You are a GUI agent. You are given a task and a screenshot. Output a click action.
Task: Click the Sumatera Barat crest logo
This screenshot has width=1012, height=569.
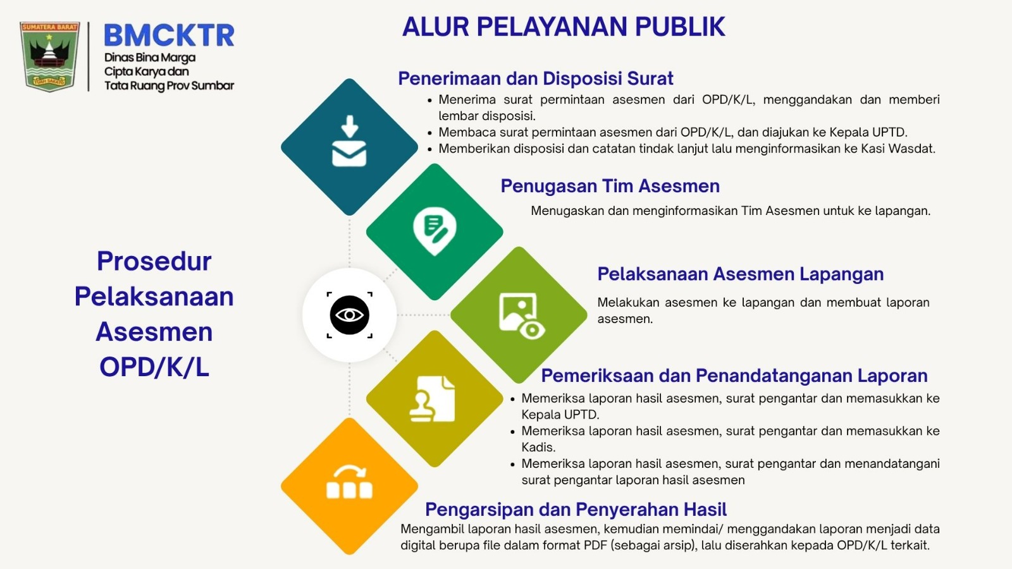coord(50,56)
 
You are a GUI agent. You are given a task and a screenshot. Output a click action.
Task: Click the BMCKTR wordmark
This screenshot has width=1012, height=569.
coord(170,35)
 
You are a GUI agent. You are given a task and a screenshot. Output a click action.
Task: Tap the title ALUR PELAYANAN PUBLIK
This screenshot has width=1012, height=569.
coord(564,27)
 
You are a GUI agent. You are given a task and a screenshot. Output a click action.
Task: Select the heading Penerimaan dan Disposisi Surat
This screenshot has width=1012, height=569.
coord(535,78)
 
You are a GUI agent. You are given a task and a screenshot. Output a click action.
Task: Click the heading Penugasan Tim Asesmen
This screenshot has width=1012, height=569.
coord(610,187)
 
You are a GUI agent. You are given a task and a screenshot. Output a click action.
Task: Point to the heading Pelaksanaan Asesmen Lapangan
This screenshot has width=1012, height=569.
coord(741,274)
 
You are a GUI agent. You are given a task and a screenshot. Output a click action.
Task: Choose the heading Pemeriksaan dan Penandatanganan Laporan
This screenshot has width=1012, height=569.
coord(734,376)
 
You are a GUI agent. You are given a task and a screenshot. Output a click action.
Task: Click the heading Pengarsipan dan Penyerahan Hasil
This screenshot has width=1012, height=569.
coord(576,510)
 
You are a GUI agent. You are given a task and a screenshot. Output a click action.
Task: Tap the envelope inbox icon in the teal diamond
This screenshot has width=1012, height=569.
coord(349,141)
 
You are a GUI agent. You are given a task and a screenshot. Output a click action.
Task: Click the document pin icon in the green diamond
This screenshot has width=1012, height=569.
coord(435,231)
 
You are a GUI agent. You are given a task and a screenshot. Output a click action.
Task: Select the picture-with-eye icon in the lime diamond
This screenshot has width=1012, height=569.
coord(522,316)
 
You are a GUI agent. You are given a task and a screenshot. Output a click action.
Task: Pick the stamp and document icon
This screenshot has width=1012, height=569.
coord(433,399)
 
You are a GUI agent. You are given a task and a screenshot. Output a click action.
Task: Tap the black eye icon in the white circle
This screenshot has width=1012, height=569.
coord(349,315)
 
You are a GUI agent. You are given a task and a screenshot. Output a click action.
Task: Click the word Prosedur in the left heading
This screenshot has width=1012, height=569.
coord(154,262)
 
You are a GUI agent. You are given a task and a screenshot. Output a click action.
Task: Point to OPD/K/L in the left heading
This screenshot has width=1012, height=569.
coord(154,367)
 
